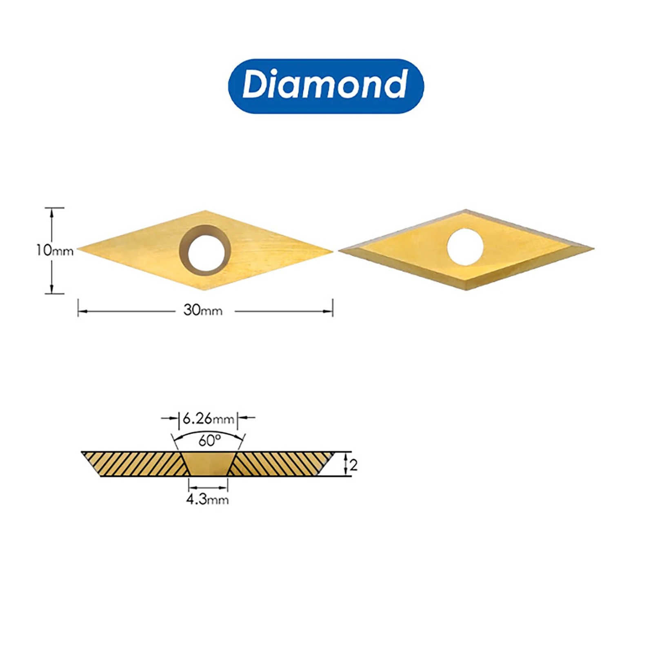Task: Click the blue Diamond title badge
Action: coord(326,86)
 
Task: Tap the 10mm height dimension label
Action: coord(54,250)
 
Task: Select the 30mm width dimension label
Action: coord(203,311)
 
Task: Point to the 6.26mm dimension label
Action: coord(208,418)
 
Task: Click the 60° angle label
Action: coord(209,440)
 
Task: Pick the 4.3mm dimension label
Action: coord(207,499)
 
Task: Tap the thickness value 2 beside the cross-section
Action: coord(353,465)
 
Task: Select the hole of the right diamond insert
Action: coord(465,247)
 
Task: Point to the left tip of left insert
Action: coord(79,248)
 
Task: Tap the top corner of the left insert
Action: coord(205,211)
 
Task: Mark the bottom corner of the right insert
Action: coord(466,289)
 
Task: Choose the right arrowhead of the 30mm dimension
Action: coord(330,311)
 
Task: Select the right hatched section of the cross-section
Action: coord(282,464)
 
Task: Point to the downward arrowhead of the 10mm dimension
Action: coord(52,290)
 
